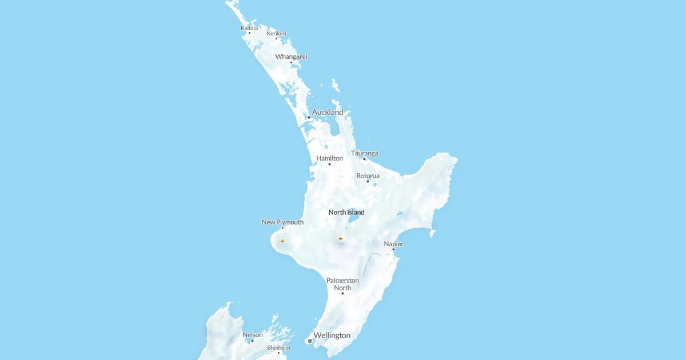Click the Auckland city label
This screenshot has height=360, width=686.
point(328,112)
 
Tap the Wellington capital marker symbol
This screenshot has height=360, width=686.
point(310,341)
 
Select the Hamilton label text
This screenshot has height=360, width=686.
point(330,158)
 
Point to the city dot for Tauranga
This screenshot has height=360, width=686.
point(364,159)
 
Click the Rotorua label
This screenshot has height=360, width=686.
point(368,175)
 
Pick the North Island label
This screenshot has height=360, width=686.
point(346,212)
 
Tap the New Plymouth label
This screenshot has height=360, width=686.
point(282,222)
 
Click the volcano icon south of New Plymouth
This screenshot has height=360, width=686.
point(282,241)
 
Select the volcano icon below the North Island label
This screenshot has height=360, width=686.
point(341,238)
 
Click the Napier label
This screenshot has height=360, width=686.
point(393,243)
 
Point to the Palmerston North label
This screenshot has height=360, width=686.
point(342,284)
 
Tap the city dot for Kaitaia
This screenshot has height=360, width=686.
point(249,33)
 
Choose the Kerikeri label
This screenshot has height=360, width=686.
point(276,33)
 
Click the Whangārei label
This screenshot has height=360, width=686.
point(291,57)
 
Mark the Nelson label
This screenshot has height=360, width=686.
point(252,335)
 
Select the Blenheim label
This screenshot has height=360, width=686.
point(278,347)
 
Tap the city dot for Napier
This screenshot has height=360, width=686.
point(393,249)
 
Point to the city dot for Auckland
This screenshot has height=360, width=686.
point(309,117)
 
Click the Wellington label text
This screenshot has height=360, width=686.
point(332,335)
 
